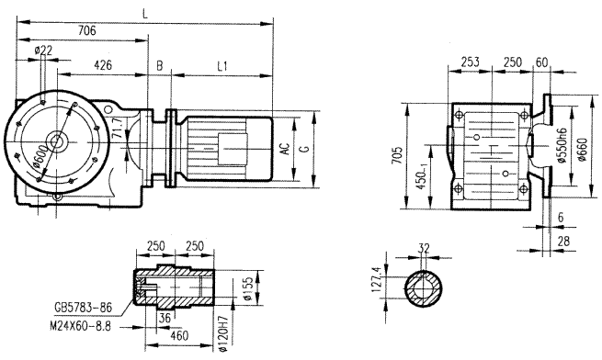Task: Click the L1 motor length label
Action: coord(223,66)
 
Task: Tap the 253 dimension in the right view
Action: coord(469,62)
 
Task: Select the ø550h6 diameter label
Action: coord(560,148)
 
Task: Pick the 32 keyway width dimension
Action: coord(424,248)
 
